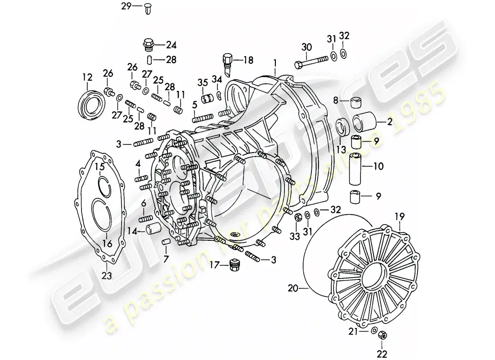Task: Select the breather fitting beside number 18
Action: click(228, 63)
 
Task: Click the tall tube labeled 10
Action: click(356, 167)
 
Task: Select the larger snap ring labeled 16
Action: click(104, 214)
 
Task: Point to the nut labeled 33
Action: click(297, 218)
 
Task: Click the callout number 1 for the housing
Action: click(274, 60)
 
